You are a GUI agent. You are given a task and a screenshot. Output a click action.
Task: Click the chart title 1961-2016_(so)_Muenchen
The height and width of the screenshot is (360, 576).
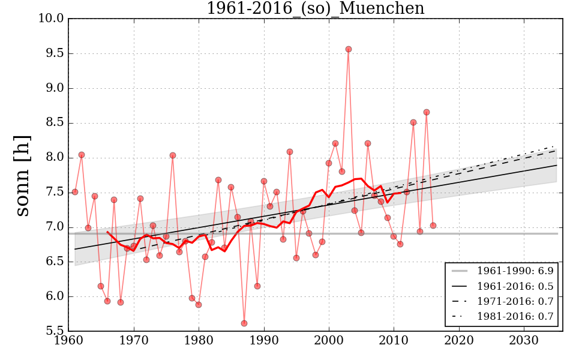(x=315, y=8)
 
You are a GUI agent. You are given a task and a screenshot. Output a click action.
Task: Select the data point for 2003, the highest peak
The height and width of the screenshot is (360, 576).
(x=349, y=49)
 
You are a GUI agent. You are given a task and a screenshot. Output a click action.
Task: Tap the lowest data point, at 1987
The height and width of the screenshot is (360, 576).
(x=244, y=323)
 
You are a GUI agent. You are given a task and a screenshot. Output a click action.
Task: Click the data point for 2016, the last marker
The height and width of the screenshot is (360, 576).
(x=433, y=226)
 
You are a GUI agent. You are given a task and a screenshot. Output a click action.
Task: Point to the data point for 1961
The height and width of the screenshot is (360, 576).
(x=75, y=192)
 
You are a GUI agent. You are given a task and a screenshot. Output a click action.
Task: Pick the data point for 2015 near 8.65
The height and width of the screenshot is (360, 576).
(x=427, y=112)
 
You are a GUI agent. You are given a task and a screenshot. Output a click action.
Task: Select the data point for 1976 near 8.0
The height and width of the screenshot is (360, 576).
(x=173, y=155)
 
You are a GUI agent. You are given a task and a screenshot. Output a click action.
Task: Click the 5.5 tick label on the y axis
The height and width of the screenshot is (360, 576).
(x=54, y=331)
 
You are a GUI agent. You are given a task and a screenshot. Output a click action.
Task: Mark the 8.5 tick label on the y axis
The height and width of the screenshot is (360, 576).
(x=54, y=123)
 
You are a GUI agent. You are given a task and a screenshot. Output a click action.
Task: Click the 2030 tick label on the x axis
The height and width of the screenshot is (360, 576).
(x=524, y=341)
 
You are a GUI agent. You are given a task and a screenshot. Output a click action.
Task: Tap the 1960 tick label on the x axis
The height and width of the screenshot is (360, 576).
(x=68, y=341)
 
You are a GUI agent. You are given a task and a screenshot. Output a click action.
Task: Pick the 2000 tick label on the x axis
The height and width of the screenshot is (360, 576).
(x=329, y=341)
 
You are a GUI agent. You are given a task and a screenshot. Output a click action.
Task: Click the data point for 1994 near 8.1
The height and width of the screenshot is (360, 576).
(x=290, y=152)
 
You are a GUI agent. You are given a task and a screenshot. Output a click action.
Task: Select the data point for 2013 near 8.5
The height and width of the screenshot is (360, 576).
(x=413, y=122)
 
